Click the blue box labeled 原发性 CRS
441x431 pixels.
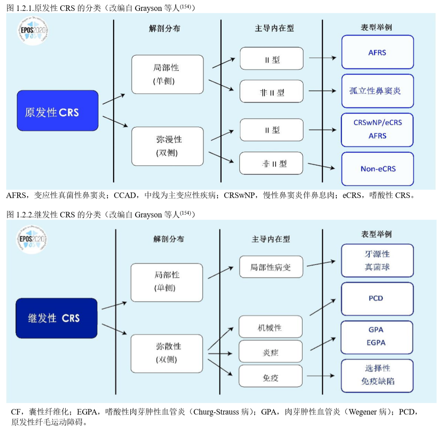pyautogui.click(x=58, y=111)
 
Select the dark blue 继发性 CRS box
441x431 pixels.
pyautogui.click(x=57, y=318)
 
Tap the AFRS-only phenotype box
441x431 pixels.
pyautogui.click(x=378, y=52)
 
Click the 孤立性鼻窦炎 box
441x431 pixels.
pyautogui.click(x=378, y=91)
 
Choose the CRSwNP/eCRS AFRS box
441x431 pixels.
pyautogui.click(x=378, y=129)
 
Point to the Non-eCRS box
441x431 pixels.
pyautogui.click(x=378, y=169)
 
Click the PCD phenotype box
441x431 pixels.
pyautogui.click(x=377, y=299)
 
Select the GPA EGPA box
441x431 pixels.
pyautogui.click(x=377, y=337)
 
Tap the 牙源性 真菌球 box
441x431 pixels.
pyautogui.click(x=377, y=261)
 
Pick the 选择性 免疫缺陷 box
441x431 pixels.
pyautogui.click(x=377, y=375)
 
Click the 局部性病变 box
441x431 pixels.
pyautogui.click(x=271, y=267)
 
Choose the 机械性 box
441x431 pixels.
pyautogui.click(x=270, y=327)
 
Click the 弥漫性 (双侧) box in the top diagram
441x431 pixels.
pyautogui.click(x=168, y=146)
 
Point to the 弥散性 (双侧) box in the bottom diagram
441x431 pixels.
pyautogui.click(x=167, y=353)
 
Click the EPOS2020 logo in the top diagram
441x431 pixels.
pyautogui.click(x=33, y=31)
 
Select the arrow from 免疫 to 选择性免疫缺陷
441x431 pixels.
pyautogui.click(x=320, y=376)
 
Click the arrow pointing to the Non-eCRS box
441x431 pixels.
pyautogui.click(x=321, y=166)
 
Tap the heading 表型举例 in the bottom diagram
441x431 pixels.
pyautogui.click(x=376, y=234)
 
